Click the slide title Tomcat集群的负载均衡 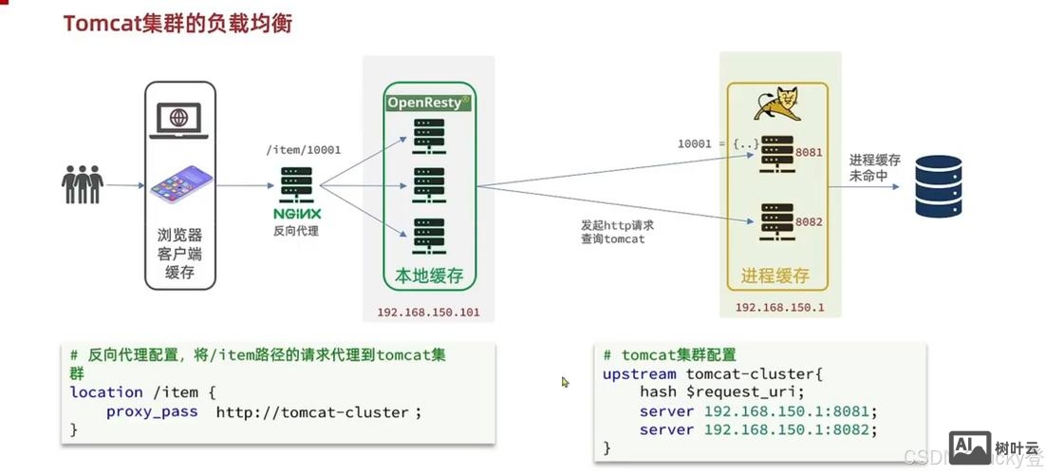[177, 23]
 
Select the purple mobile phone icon [179, 182]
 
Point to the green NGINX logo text [297, 213]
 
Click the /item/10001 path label [303, 149]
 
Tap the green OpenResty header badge [428, 102]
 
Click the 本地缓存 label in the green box [428, 275]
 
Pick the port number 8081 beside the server [809, 152]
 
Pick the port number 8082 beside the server [809, 221]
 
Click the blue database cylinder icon [938, 187]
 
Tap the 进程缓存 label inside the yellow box [775, 275]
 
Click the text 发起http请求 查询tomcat [617, 232]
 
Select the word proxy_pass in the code [152, 411]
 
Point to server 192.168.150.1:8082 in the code [758, 430]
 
